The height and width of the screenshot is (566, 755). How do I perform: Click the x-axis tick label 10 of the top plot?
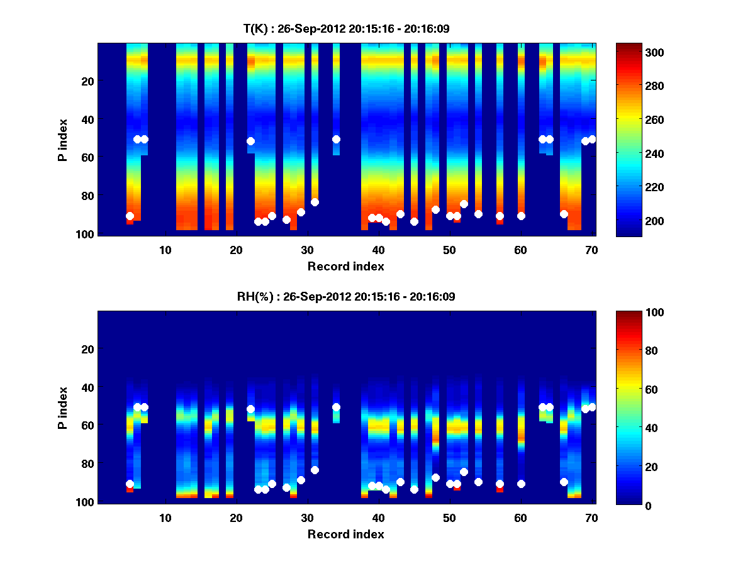(165, 250)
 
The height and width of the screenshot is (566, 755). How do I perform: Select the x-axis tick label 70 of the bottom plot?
(591, 518)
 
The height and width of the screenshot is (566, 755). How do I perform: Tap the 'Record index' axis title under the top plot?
(345, 266)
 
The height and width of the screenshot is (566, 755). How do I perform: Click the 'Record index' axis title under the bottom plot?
(345, 534)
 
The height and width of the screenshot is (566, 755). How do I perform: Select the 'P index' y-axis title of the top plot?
(63, 140)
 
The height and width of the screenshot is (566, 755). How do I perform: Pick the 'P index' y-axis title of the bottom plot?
(63, 408)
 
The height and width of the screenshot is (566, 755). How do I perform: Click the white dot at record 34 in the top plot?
(336, 139)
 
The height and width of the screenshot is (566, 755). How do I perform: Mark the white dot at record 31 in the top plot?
(315, 202)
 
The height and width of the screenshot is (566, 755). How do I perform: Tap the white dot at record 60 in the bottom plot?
(521, 484)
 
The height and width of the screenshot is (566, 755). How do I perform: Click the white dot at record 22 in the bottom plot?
(250, 409)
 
